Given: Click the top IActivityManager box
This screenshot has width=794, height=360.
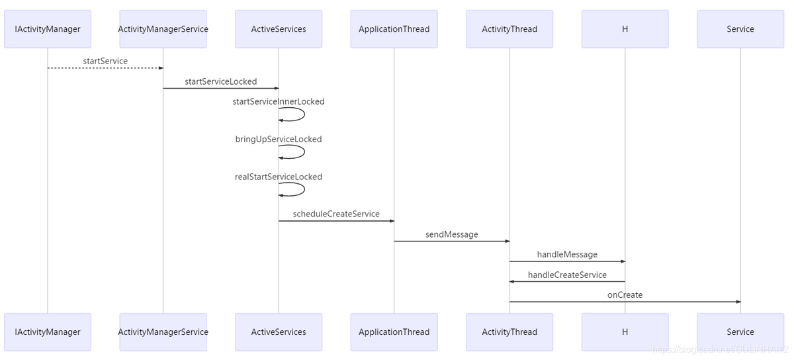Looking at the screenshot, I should pos(48,29).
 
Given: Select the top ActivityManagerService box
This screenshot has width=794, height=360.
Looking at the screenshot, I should pos(163,29).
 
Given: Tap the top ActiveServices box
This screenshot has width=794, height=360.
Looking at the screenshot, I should pos(279,29).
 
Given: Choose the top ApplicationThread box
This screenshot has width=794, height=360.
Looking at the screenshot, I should pos(394,29).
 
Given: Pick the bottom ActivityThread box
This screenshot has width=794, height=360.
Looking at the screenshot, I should pos(509,332).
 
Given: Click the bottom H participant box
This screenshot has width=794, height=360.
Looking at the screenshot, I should pos(625,332).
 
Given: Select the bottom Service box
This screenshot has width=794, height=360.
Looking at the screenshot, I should pos(740,332).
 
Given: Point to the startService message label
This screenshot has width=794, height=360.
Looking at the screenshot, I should pos(105,61).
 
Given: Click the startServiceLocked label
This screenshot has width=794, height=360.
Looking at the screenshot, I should pos(220,81).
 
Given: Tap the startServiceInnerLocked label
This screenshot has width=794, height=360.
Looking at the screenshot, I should pos(279,102).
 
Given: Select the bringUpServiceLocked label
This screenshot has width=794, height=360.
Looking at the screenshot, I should pos(279,139).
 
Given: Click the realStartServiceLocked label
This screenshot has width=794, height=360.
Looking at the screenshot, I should pos(279,177).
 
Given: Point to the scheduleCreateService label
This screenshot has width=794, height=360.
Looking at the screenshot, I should pos(336,214).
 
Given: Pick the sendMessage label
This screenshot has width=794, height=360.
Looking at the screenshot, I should pos(451,234).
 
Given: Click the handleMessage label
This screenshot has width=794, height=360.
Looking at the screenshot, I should pos(567,254).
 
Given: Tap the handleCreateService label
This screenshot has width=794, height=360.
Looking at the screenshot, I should pos(567,275).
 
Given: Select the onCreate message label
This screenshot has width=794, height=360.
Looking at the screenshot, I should pos(625,295).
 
